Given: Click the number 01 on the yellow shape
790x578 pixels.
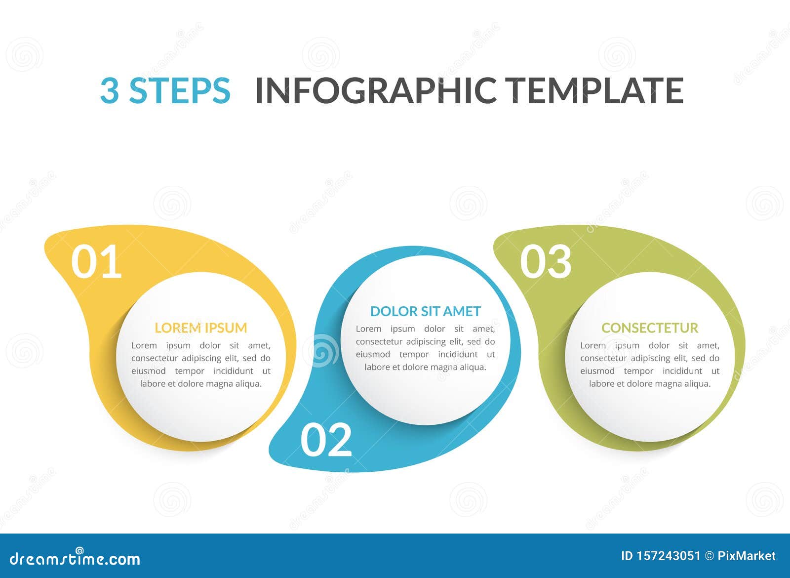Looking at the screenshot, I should click(x=96, y=262).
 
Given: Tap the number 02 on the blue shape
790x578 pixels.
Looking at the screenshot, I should click(x=326, y=440).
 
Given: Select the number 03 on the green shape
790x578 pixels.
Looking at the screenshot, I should click(x=546, y=262).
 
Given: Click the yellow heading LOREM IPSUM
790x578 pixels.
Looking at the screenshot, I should click(x=200, y=328).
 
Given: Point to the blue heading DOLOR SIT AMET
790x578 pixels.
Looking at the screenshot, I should click(x=425, y=311).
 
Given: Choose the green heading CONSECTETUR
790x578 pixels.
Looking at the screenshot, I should click(x=649, y=328).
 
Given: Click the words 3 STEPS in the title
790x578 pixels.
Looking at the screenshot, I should click(x=165, y=90).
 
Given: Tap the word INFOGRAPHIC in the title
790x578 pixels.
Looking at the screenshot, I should click(x=376, y=90).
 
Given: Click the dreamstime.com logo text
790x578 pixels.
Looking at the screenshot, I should click(x=75, y=559).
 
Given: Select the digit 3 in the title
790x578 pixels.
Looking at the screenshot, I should click(x=109, y=90).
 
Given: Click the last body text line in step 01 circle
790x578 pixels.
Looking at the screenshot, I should click(x=200, y=384).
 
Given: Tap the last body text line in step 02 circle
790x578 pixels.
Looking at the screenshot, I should click(x=425, y=367).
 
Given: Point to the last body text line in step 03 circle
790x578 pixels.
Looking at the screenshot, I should click(x=649, y=384).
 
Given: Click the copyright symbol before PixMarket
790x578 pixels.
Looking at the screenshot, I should click(x=709, y=556).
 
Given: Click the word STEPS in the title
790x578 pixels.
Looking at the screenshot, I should click(x=179, y=90).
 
